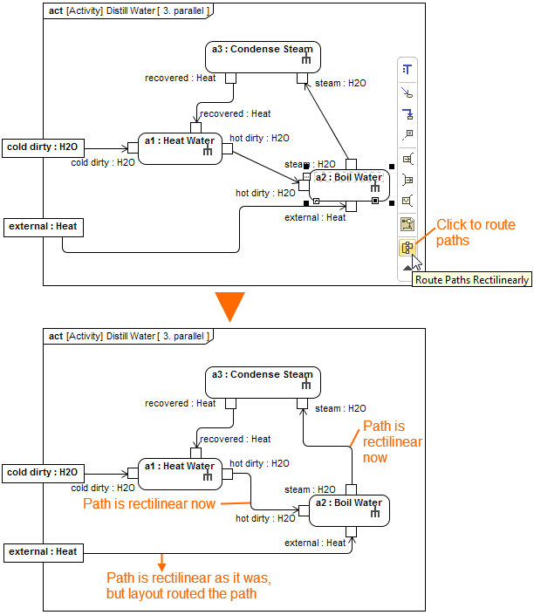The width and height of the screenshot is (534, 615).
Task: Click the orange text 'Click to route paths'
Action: (x=476, y=232)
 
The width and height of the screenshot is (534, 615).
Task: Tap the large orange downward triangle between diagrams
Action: (x=229, y=307)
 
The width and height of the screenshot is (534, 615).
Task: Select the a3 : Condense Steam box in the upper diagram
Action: (x=263, y=57)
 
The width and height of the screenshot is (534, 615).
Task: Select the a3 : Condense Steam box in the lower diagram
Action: (x=263, y=382)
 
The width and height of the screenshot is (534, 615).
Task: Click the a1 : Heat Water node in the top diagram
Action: (x=180, y=147)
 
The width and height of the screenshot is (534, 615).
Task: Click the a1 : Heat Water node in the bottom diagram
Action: (x=180, y=473)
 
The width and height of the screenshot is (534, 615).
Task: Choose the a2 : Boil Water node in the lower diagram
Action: (x=348, y=509)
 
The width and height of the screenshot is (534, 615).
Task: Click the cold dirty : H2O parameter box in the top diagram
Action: (x=43, y=147)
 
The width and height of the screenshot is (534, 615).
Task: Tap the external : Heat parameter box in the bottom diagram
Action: (x=43, y=551)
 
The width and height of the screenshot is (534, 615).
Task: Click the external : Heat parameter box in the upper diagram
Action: (x=43, y=227)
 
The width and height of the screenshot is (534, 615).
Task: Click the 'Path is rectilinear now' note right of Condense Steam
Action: (x=392, y=441)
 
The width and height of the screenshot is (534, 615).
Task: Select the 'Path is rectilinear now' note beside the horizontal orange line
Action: (x=148, y=503)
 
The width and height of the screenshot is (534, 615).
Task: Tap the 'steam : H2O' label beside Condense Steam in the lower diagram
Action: (x=341, y=408)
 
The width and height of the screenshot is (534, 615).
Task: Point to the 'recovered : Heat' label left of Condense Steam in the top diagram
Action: (x=180, y=79)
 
